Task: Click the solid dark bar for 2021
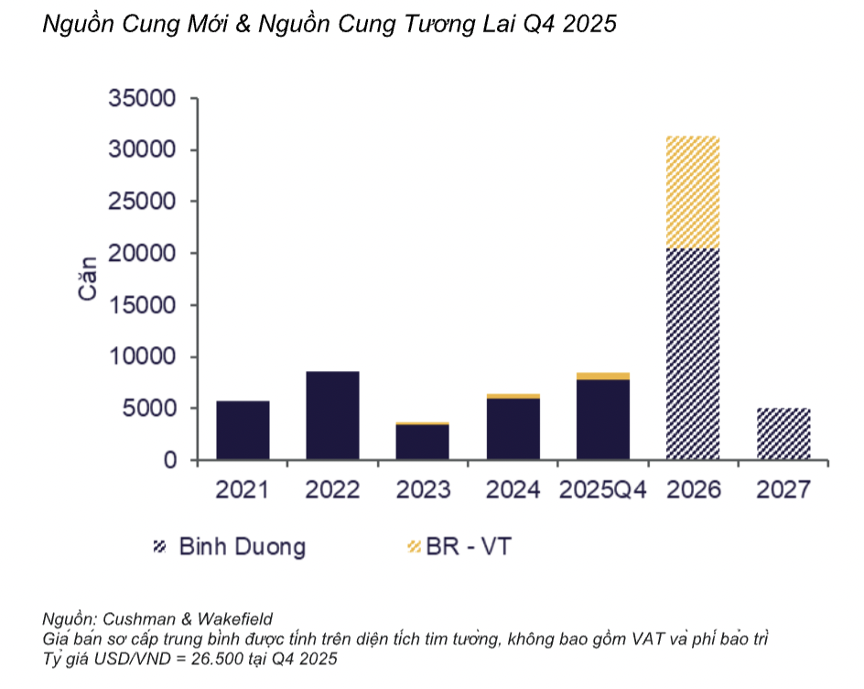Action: pyautogui.click(x=243, y=431)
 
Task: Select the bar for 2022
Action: pyautogui.click(x=332, y=416)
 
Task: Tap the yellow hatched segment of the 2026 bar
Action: pyautogui.click(x=692, y=192)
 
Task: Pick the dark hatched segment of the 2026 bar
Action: pyautogui.click(x=692, y=354)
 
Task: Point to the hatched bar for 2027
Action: pyautogui.click(x=783, y=434)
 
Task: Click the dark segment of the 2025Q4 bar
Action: pyautogui.click(x=602, y=420)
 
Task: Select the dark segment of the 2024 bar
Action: pyautogui.click(x=513, y=429)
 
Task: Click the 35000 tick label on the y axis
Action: pyautogui.click(x=142, y=99)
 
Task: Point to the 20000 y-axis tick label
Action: pyautogui.click(x=142, y=254)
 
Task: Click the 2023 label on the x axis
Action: pyautogui.click(x=423, y=490)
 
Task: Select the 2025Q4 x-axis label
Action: pyautogui.click(x=602, y=490)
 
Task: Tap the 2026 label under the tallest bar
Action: pyautogui.click(x=693, y=490)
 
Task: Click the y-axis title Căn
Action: pyautogui.click(x=88, y=279)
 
